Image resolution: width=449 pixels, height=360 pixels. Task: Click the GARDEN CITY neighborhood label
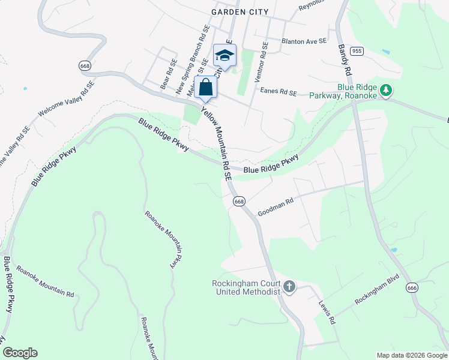240,12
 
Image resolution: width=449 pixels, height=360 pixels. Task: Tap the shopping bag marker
205,87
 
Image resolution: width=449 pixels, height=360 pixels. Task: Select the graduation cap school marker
224,56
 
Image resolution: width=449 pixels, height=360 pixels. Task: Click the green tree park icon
387,91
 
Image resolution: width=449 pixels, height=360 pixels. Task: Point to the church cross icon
289,286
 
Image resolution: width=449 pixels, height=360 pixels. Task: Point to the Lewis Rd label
327,312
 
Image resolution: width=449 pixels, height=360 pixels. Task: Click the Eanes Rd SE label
279,92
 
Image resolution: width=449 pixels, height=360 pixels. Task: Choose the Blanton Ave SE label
304,41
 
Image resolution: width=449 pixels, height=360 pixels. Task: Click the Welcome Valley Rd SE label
65,99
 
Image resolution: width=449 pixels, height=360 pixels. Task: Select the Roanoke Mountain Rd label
45,281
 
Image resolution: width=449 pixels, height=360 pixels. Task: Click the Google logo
20,353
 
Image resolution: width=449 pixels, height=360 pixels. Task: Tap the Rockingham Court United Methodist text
247,287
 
